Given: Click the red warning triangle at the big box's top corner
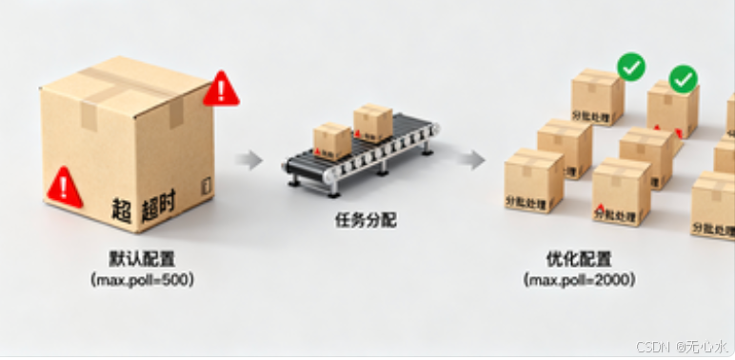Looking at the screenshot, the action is (222, 89).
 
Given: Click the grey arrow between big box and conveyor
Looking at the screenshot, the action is (249, 159).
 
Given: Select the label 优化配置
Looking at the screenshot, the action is (578, 258).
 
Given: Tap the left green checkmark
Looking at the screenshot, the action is (631, 67).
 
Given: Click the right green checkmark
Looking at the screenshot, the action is (684, 79).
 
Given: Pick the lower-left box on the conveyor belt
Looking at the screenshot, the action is (332, 140).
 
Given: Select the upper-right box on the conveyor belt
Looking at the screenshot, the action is (372, 123).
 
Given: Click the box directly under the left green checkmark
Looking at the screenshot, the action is (597, 98).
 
